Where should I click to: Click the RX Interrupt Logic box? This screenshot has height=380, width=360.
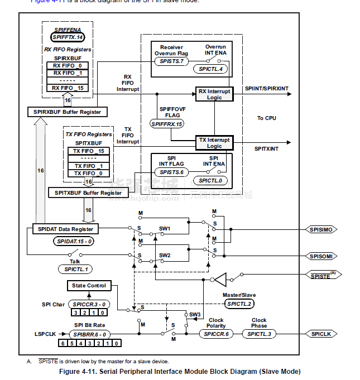pos(214,94)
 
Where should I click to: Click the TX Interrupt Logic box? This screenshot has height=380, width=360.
pos(214,142)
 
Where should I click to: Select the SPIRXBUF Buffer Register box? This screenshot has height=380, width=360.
pos(68,112)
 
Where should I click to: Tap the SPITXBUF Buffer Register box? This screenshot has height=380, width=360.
pos(88,193)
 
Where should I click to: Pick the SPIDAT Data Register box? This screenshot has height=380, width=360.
pos(65,229)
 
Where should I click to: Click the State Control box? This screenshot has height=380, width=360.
pos(89,286)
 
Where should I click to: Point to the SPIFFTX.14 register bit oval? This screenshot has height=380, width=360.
pos(68,37)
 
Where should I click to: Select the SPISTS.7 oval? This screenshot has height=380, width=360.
pos(171,60)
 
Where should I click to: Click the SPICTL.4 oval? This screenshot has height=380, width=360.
pos(210,69)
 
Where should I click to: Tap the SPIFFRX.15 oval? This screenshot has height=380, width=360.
pos(167,123)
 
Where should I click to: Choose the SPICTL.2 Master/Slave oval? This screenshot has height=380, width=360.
pos(239,304)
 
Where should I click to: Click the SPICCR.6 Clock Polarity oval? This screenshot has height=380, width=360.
pos(215,333)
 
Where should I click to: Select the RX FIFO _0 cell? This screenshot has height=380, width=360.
pos(68,65)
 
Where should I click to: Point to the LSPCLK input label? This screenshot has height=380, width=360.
pos(45,334)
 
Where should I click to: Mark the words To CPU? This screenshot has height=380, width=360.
pos(267,118)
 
